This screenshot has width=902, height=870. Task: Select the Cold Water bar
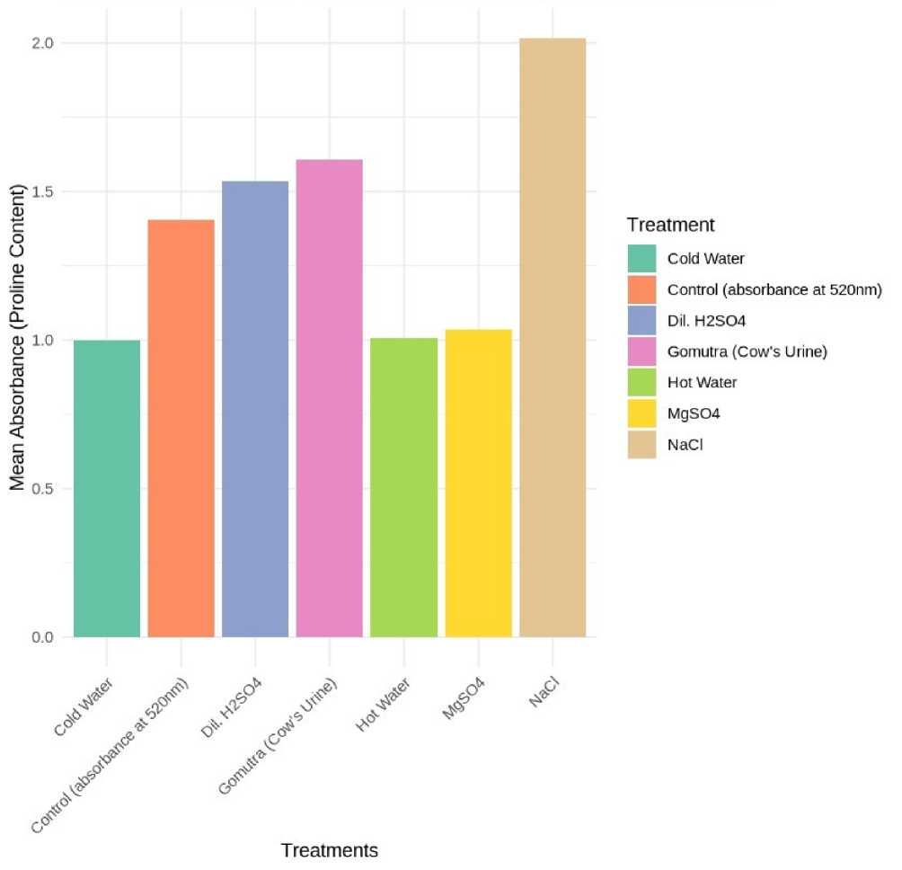pos(107,489)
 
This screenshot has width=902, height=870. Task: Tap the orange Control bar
pos(181,429)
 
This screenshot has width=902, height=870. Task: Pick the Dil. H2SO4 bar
pos(255,409)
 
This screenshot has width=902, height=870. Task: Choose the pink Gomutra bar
pos(330,398)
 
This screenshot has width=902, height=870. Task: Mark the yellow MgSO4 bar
pos(478,484)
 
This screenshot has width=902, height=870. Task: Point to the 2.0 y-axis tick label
pos(45,43)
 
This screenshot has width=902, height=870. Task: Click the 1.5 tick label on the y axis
pos(45,191)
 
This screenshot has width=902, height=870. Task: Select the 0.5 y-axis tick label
pos(45,489)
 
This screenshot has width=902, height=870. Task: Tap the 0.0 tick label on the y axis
pos(45,637)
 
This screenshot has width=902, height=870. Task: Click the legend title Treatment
pos(670,225)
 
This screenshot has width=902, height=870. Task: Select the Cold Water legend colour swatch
pos(641,259)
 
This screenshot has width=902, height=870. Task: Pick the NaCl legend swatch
pos(641,443)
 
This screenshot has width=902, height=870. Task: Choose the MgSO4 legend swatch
pos(641,413)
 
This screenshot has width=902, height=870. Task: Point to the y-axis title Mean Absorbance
pos(17,340)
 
